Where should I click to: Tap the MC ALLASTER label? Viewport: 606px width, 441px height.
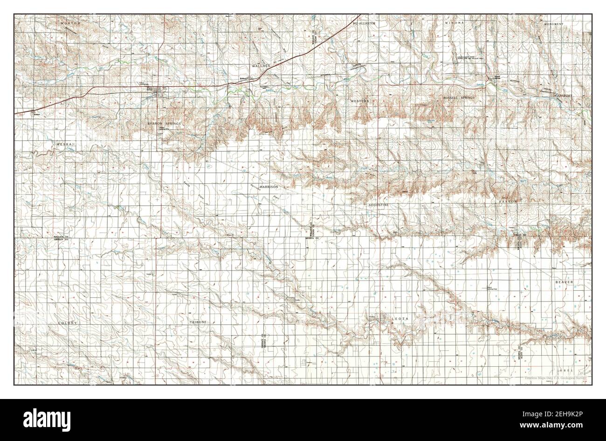point(364,22)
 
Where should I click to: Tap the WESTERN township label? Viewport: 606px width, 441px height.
point(360,101)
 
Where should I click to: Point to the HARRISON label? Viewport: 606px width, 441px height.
point(269,186)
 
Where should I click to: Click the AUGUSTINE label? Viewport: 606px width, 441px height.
point(378,205)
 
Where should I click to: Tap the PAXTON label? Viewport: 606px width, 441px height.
point(509,201)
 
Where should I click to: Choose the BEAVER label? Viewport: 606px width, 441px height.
point(567,283)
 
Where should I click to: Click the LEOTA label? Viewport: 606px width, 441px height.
point(399,319)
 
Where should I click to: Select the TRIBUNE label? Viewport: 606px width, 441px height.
point(199,322)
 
